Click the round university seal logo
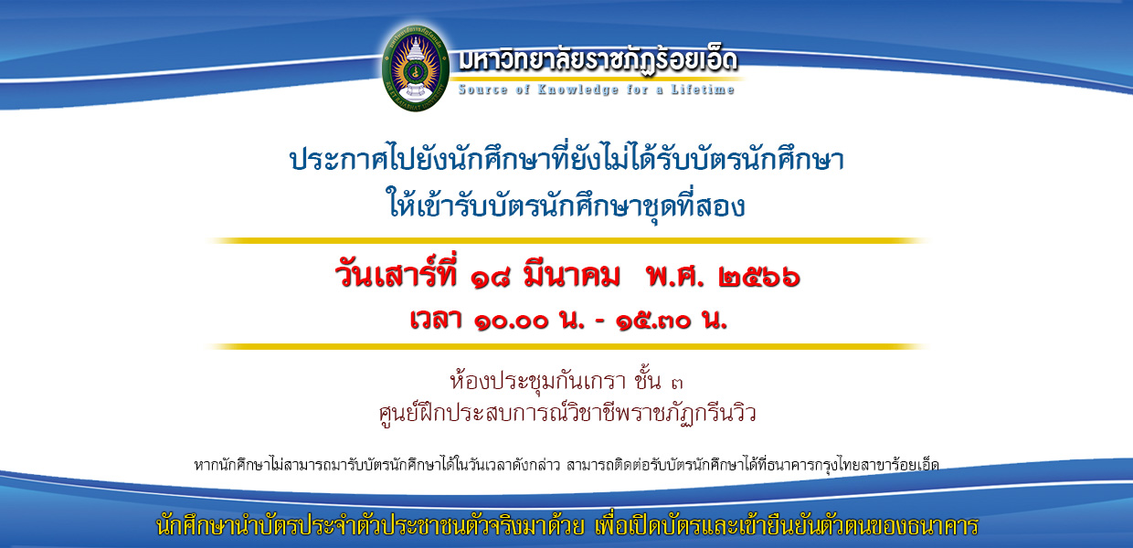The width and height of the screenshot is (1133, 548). coord(415,68)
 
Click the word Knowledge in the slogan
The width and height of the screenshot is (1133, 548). coord(577,90)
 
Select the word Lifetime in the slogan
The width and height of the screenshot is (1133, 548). coord(703,90)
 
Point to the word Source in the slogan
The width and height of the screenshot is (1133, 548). coord(482,90)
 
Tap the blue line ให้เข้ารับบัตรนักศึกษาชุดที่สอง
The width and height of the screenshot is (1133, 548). coord(566,203)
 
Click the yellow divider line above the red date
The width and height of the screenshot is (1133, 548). coord(567,240)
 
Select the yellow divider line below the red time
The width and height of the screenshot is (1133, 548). coord(567,347)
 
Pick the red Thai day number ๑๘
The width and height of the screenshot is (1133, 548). coord(490,278)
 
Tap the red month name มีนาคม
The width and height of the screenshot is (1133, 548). coord(572,275)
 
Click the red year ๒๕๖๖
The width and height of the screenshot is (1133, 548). coord(758,278)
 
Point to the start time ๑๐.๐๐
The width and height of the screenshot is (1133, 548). coord(512,321)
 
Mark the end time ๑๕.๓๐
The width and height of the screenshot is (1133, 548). coord(653,321)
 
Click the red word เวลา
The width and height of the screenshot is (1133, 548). coord(436,319)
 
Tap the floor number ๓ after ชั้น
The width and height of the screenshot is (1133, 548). coord(677,384)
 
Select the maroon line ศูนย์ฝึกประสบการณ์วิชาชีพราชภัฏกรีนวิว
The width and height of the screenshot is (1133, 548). coord(567,413)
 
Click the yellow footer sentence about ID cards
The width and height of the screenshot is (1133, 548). coord(567,525)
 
